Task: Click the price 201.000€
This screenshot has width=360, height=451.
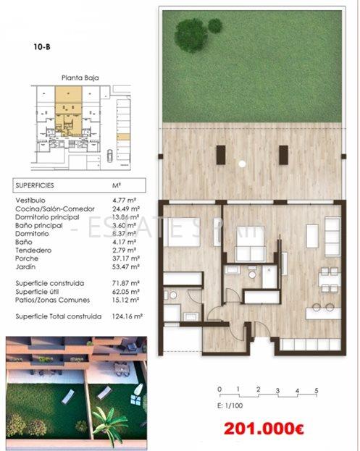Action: coord(264,428)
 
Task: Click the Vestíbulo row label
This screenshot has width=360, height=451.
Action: coord(30,199)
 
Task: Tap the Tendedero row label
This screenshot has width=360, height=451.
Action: coord(32,249)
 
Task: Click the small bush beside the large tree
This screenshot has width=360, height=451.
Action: coord(215,25)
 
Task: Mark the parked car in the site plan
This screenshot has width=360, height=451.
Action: coord(110,154)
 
